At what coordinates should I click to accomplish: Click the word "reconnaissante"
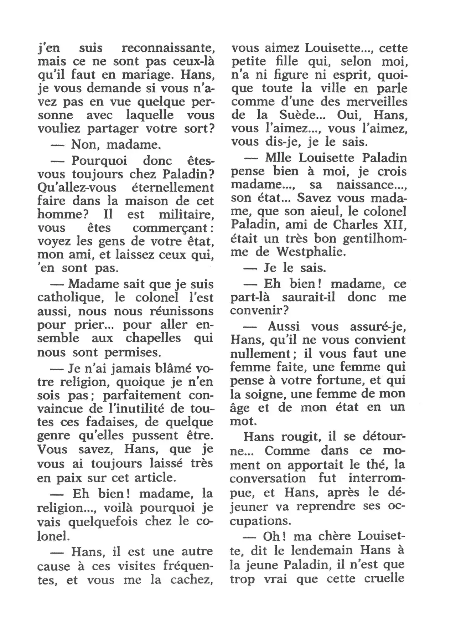point(168,48)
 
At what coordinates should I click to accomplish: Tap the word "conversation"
point(268,478)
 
